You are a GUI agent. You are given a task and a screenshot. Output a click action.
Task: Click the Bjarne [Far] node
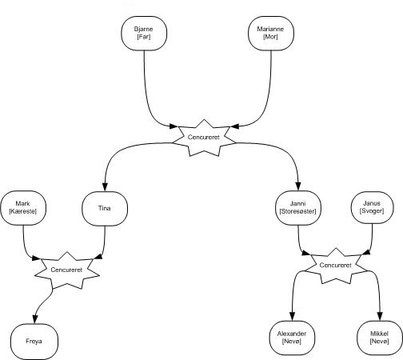pyautogui.click(x=144, y=33)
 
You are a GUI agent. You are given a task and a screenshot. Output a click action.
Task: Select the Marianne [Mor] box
pyautogui.click(x=271, y=33)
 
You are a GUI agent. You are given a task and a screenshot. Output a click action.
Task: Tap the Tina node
pyautogui.click(x=105, y=208)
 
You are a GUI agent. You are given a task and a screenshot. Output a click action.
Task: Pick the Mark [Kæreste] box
pyautogui.click(x=23, y=208)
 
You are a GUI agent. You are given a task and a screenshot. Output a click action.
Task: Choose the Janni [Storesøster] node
pyautogui.click(x=298, y=208)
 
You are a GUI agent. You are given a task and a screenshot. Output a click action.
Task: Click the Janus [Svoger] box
pyautogui.click(x=372, y=208)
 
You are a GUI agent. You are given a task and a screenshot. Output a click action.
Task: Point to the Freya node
pyautogui.click(x=34, y=342)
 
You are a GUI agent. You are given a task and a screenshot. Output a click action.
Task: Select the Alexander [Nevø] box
pyautogui.click(x=292, y=338)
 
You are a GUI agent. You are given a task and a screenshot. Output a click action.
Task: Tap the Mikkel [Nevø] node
pyautogui.click(x=380, y=338)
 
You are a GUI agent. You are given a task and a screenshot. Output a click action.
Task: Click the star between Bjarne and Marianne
pyautogui.click(x=204, y=138)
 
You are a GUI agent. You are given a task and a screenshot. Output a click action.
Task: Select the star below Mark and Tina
pyautogui.click(x=67, y=270)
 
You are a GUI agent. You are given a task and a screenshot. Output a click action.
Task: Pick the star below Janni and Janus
pyautogui.click(x=336, y=266)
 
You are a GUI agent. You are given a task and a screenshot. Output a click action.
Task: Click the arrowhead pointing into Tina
pyautogui.click(x=105, y=187)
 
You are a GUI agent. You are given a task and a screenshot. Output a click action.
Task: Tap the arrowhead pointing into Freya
pyautogui.click(x=35, y=319)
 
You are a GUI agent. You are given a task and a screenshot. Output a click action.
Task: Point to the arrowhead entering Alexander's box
pyautogui.click(x=293, y=316)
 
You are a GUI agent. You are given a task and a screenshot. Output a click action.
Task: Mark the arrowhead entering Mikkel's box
pyautogui.click(x=380, y=316)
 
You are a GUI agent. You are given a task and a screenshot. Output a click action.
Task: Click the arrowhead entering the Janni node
pyautogui.click(x=298, y=186)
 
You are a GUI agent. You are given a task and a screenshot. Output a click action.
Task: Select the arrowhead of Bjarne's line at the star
pyautogui.click(x=174, y=126)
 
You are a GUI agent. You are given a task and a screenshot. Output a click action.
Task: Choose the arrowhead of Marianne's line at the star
pyautogui.click(x=235, y=126)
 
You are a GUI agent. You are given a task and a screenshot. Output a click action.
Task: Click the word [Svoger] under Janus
pyautogui.click(x=372, y=211)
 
